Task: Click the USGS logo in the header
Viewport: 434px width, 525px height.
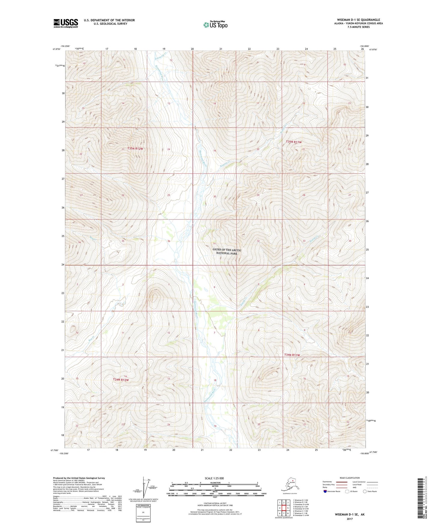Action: pos(65,23)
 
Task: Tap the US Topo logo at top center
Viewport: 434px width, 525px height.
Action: pos(215,25)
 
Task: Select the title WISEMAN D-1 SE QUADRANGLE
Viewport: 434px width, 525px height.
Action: pos(358,20)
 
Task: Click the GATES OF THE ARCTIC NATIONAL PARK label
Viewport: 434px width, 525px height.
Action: pos(227,252)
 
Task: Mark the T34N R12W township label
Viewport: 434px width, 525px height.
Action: pos(121,380)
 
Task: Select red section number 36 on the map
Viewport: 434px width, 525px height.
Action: pos(169,241)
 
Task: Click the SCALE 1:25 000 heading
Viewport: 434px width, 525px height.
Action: pos(214,478)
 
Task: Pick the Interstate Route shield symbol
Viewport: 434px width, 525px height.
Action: pos(326,491)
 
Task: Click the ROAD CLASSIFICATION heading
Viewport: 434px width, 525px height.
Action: pos(350,478)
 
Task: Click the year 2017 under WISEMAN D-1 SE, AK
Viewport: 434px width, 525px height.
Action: pos(350,519)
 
